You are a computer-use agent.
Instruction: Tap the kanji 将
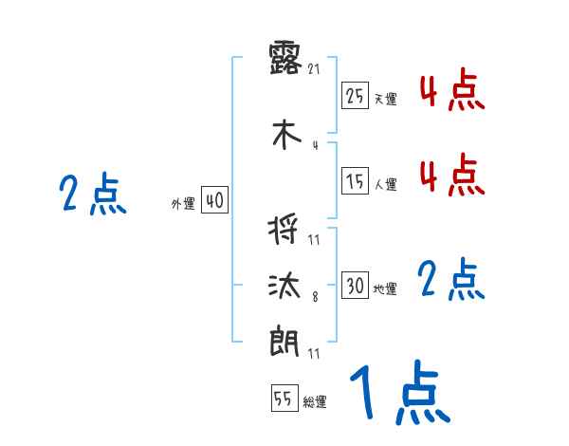click(285, 230)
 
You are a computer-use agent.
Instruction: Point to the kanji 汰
click(285, 285)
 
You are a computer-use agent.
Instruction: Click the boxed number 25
click(355, 95)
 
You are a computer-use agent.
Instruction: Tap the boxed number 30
click(355, 286)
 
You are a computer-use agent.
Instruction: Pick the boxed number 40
click(214, 201)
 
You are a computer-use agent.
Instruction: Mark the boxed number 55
click(284, 400)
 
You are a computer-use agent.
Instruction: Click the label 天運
click(385, 98)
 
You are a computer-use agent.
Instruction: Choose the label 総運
click(315, 402)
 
